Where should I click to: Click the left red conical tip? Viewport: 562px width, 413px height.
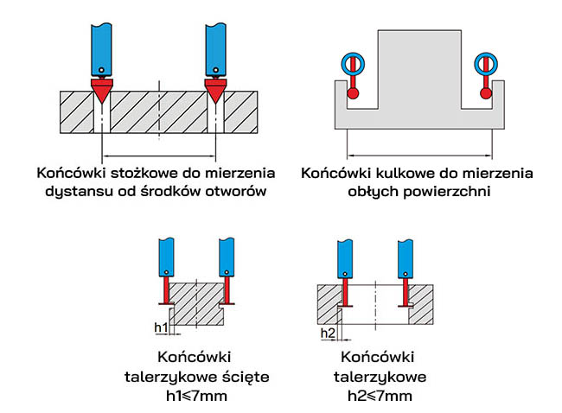[101, 87]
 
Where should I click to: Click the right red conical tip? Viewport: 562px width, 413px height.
[215, 87]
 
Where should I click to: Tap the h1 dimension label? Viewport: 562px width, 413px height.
[160, 327]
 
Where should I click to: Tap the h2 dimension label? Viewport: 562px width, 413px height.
[327, 333]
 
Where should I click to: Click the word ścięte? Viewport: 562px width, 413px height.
[242, 377]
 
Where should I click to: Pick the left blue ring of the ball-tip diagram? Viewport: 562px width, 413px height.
[352, 63]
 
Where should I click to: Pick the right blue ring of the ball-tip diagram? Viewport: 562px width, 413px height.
[482, 63]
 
